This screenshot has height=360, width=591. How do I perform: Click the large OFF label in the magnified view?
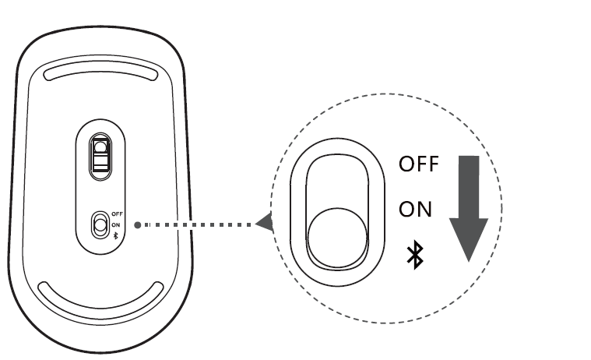[419, 164]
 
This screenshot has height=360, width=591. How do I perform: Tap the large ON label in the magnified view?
[415, 209]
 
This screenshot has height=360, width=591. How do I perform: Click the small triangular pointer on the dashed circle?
[266, 224]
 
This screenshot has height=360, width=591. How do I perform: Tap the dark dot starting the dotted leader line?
[137, 224]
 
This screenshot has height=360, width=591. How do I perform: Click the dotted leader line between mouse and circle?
[199, 224]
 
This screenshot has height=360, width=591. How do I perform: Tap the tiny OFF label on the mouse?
[118, 214]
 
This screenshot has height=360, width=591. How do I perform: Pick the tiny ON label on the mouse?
[116, 224]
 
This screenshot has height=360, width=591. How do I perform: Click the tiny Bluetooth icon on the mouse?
[116, 235]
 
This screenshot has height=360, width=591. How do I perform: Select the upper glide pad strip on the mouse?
[101, 72]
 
